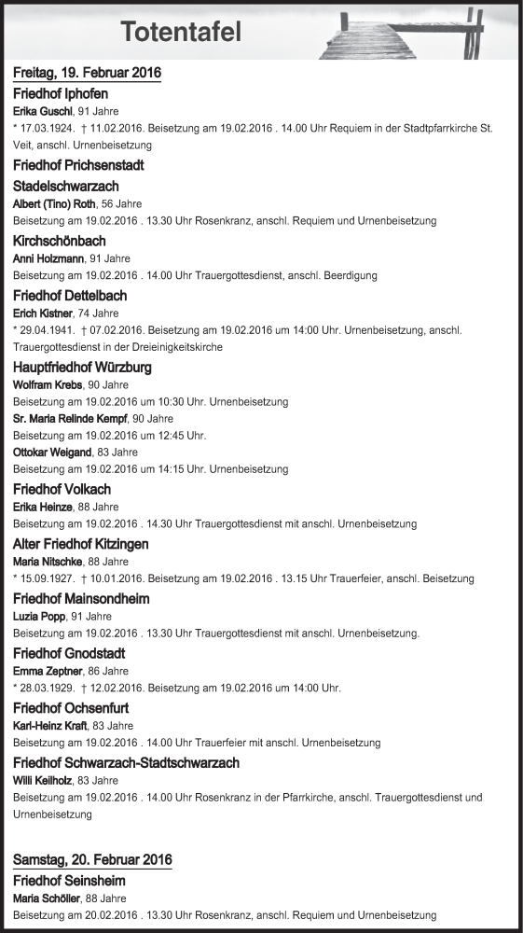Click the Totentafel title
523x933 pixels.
[x=181, y=33]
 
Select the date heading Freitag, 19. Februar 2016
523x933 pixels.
[x=88, y=73]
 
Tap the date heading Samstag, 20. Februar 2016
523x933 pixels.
[x=92, y=859]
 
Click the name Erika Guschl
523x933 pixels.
[x=43, y=111]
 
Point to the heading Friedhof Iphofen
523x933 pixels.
[x=61, y=93]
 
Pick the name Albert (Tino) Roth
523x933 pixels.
[x=55, y=204]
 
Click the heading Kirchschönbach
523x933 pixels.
[x=60, y=241]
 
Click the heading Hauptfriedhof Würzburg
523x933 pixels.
[x=83, y=368]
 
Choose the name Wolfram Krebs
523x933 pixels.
[x=48, y=384]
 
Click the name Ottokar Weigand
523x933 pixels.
[x=51, y=453]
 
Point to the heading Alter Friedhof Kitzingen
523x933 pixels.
[x=81, y=544]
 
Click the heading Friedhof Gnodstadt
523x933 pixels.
[x=70, y=653]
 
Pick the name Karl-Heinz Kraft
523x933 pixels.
[x=51, y=725]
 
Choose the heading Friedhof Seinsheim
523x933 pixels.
[x=69, y=880]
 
